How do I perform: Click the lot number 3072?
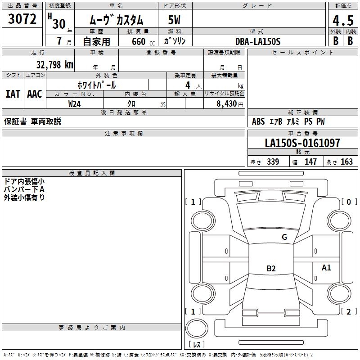coord(22,19)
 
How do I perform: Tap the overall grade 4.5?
coord(343,20)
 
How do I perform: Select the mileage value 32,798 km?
coord(55,65)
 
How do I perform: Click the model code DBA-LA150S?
coord(258,41)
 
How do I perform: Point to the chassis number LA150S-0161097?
coord(302,143)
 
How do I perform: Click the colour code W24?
coord(74,104)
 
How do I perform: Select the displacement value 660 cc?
coord(143,42)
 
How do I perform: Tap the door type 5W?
coord(174,20)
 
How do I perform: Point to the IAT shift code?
coord(13,94)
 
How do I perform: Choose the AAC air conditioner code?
coord(35,94)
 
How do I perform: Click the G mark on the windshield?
coord(284,237)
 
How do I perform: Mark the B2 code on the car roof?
coord(271,268)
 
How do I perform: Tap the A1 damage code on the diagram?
coord(326,267)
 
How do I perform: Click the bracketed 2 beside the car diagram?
coord(349,311)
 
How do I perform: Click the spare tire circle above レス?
coord(197,328)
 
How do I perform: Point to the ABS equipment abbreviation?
coord(258,121)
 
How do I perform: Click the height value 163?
coord(346,162)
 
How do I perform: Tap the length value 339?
coord(273,162)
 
